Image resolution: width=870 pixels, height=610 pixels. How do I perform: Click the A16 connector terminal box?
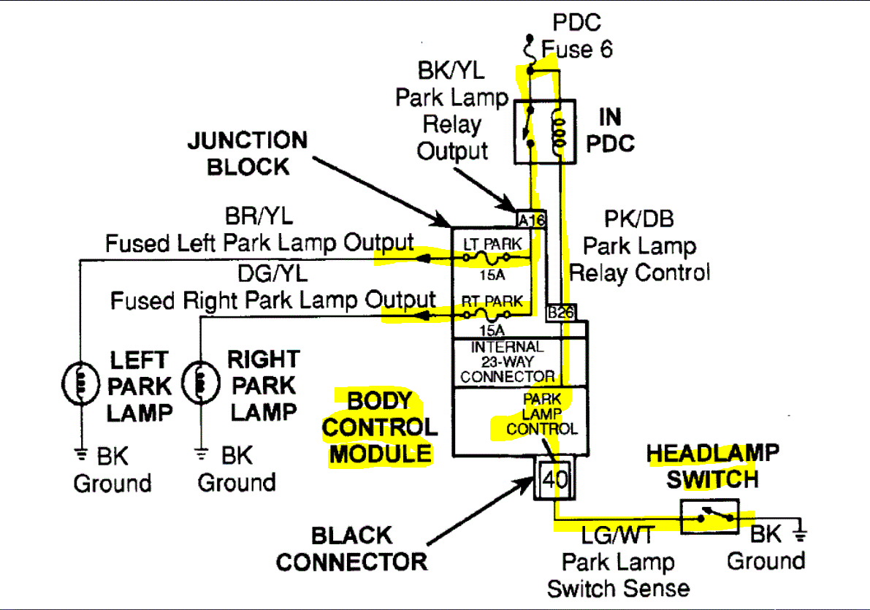click(531, 219)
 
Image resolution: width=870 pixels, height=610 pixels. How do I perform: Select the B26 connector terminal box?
click(562, 312)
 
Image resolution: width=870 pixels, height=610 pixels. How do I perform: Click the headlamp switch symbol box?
click(709, 517)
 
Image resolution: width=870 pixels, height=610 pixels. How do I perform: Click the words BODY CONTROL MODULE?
click(380, 427)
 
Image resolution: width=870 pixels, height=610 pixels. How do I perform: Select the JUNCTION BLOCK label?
click(248, 153)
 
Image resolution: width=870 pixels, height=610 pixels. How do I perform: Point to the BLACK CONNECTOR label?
click(351, 549)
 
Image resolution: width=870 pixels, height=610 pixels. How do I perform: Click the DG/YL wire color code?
click(272, 273)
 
